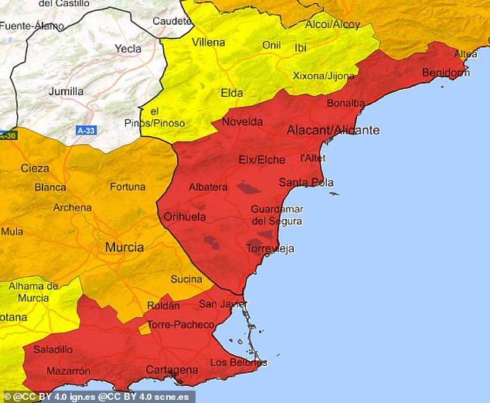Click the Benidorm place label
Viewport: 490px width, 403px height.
[x=446, y=73]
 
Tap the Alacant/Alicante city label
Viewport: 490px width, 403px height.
[x=333, y=130]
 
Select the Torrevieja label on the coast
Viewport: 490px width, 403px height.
[x=270, y=248]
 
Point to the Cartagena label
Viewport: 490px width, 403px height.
[x=172, y=370]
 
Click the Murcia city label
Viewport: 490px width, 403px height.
[x=124, y=248]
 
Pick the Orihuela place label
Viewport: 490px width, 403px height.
[x=185, y=217]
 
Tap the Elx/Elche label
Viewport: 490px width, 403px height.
[x=261, y=160]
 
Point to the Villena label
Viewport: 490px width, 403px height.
[x=209, y=41]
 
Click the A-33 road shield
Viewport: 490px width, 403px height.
[x=86, y=131]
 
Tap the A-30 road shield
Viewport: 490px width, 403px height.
[x=7, y=135]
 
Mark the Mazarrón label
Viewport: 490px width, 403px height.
[x=67, y=371]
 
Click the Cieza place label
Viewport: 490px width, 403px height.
[x=35, y=168]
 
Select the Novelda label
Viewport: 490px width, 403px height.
[x=242, y=121]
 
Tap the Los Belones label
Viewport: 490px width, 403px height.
[x=239, y=362]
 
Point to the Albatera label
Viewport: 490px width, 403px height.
[x=208, y=187]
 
